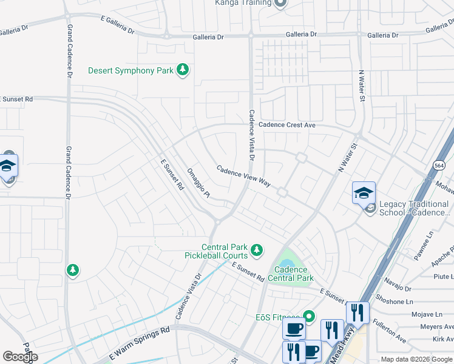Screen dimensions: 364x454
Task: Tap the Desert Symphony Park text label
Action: (x=130, y=71)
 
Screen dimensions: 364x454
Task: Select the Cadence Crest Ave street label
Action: (x=287, y=125)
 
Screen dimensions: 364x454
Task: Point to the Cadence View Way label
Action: (x=243, y=177)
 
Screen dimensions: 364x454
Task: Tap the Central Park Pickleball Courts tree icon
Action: (x=257, y=249)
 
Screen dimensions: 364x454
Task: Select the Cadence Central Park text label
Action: (x=294, y=274)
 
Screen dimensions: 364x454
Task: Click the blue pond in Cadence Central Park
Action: (x=293, y=262)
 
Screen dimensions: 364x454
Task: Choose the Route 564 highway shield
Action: (x=439, y=165)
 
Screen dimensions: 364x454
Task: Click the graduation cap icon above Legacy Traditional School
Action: (x=364, y=192)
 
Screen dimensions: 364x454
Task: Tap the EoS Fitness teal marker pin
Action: (x=309, y=316)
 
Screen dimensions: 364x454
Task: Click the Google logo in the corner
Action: (x=20, y=356)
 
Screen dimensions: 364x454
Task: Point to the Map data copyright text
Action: (x=416, y=360)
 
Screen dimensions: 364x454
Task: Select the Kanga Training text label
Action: (x=243, y=2)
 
